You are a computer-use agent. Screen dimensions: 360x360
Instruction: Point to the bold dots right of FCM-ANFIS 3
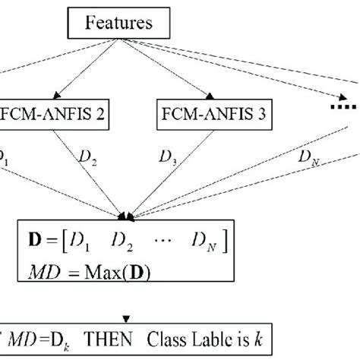point(346,108)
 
